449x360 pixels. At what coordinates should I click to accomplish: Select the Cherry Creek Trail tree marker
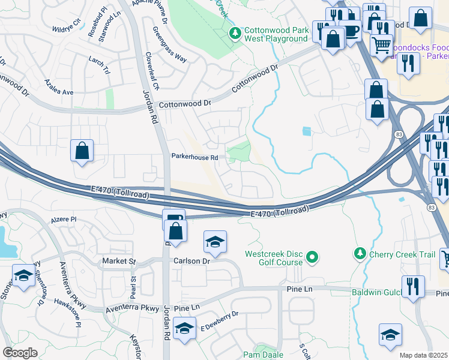click(x=360, y=254)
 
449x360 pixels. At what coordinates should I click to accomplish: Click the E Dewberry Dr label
click(x=219, y=322)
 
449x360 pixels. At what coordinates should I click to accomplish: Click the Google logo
click(x=20, y=353)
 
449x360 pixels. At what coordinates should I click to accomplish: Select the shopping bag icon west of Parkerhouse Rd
click(x=82, y=151)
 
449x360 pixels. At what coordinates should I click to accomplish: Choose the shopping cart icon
click(x=381, y=44)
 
